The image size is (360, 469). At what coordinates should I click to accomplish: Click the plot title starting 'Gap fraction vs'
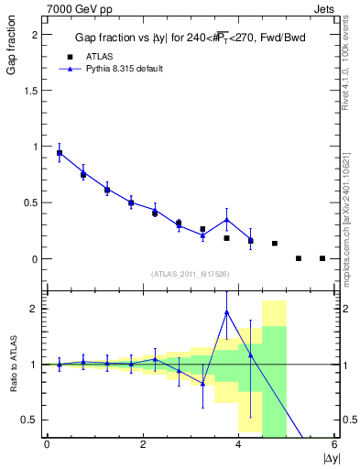tap(190, 38)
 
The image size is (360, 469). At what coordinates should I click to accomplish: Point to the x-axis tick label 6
tap(334, 445)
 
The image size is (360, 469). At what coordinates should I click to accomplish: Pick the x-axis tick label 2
tap(143, 445)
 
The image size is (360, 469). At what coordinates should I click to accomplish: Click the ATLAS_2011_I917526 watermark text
tap(190, 274)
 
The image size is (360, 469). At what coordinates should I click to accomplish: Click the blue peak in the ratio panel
tap(226, 312)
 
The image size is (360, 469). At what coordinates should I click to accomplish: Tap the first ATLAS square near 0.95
tap(60, 153)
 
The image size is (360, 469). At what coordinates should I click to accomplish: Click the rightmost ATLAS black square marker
tap(322, 258)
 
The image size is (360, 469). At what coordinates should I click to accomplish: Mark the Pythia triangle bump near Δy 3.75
tap(226, 220)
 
